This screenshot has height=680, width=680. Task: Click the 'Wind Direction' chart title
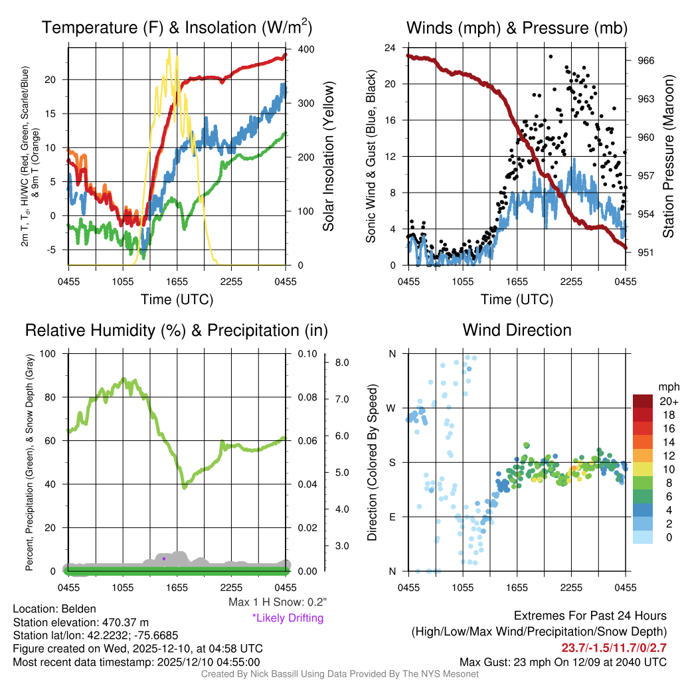pyautogui.click(x=517, y=330)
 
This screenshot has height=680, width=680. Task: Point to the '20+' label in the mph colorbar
pyautogui.click(x=668, y=402)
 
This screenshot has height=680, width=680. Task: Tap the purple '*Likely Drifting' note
pyautogui.click(x=288, y=618)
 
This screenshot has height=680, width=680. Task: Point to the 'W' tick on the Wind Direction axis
pyautogui.click(x=392, y=408)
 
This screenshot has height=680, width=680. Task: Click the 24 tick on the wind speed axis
pyautogui.click(x=390, y=48)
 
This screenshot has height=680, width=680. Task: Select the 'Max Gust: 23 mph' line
pyautogui.click(x=563, y=662)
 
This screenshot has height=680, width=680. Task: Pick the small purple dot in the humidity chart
pyautogui.click(x=163, y=558)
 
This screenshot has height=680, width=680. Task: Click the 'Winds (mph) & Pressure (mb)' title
pyautogui.click(x=517, y=28)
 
